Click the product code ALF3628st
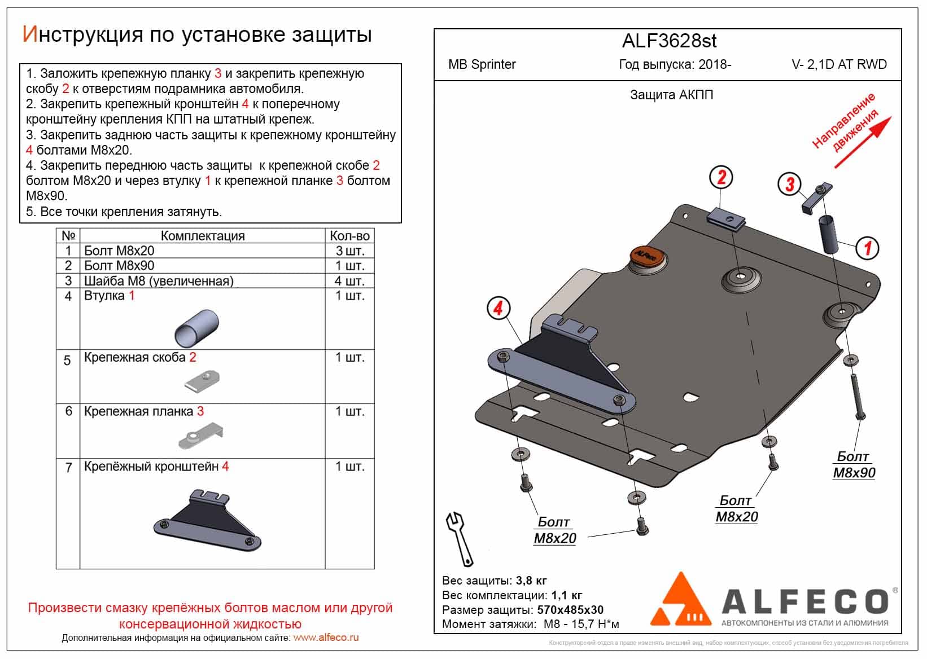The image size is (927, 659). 669,41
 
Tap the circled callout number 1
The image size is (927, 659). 867,247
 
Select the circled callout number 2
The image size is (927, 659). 721,177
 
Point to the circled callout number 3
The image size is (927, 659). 789,183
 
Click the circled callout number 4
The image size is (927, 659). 498,308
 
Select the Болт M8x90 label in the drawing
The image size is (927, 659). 854,464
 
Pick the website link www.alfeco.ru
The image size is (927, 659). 326,638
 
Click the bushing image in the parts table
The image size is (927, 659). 196,328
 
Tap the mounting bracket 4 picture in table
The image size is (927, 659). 207,520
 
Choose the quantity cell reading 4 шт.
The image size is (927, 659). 349,281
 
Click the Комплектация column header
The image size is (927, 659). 203,236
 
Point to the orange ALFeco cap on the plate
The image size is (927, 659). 645,256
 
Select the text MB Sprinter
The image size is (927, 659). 482,64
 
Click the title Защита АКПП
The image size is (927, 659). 671,95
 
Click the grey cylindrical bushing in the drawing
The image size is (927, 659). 828,234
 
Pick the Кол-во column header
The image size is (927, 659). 349,236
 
